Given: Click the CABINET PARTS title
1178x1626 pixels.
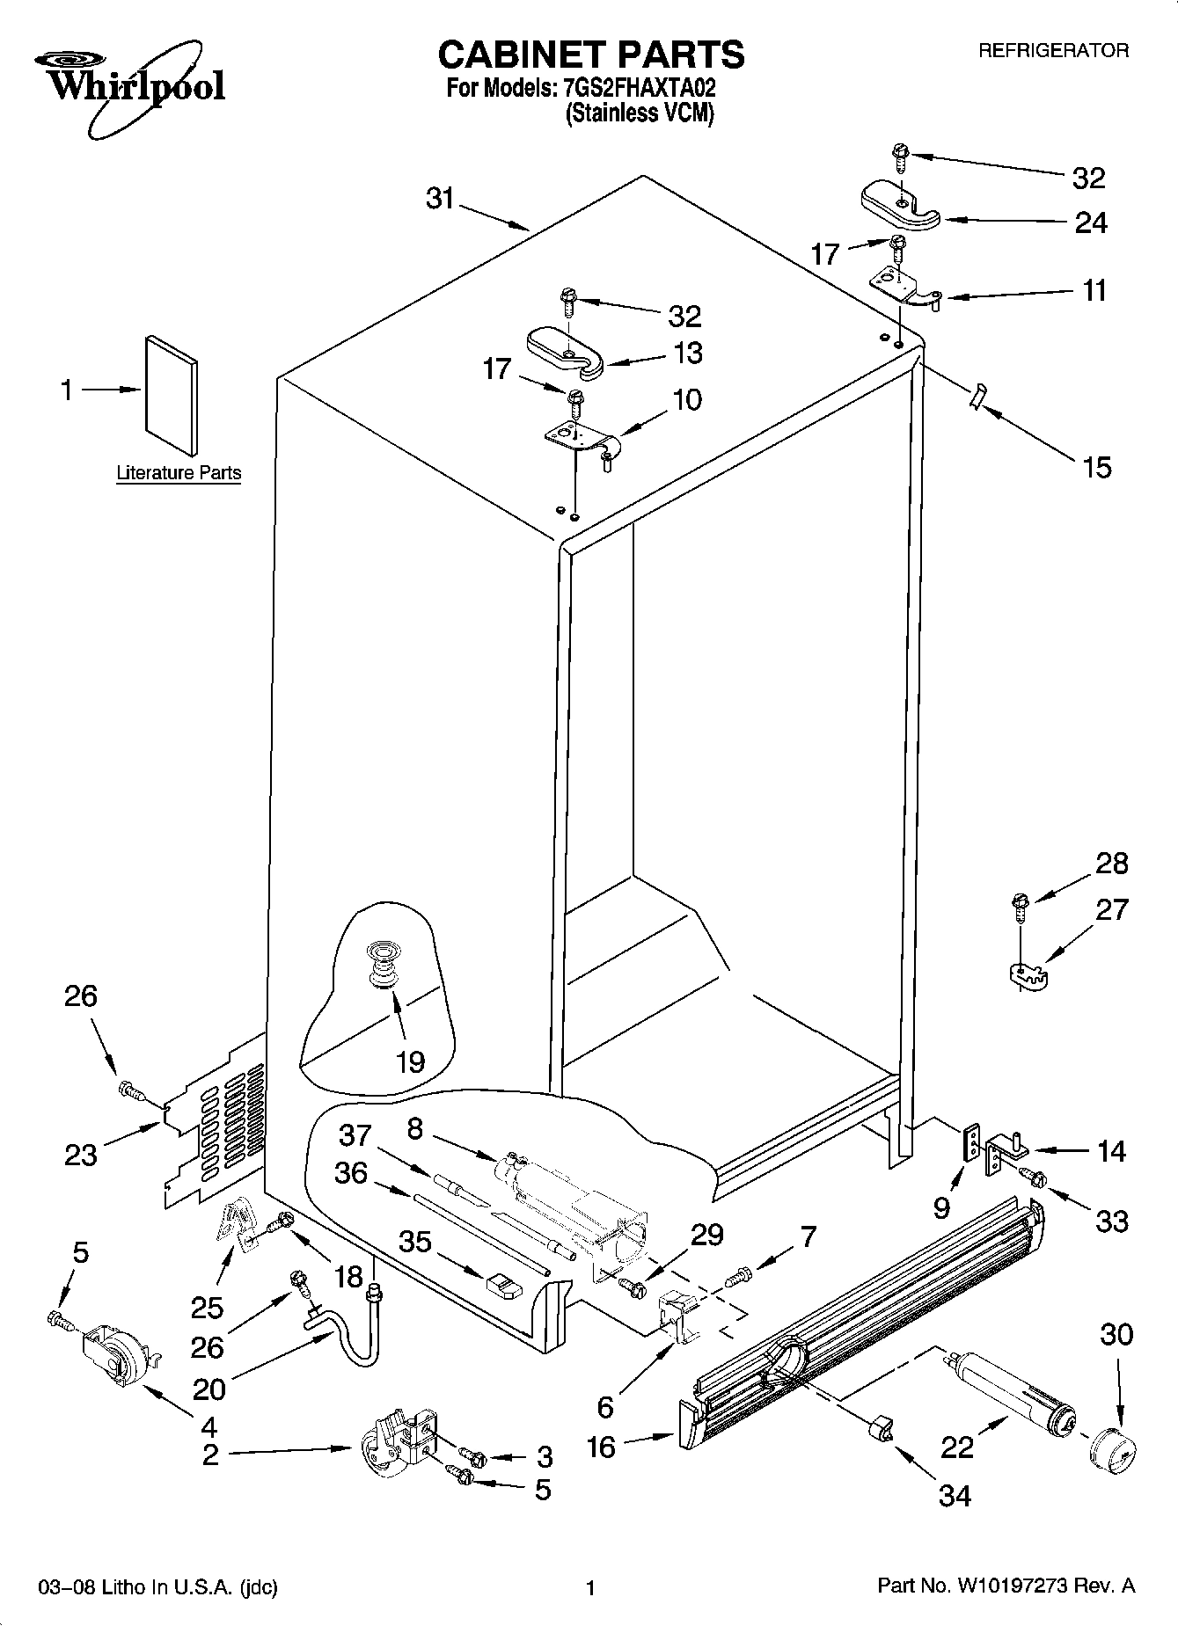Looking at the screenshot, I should click(x=590, y=55).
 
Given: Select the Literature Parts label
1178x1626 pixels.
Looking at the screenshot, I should click(x=179, y=473).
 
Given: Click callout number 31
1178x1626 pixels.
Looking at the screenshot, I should click(x=439, y=200).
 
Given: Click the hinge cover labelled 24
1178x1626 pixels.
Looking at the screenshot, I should click(x=898, y=207).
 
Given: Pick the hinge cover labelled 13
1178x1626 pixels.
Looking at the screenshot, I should click(x=565, y=352).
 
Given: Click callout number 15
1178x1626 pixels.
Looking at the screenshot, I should click(x=1097, y=466).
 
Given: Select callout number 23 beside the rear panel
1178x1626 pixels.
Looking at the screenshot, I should click(x=80, y=1153).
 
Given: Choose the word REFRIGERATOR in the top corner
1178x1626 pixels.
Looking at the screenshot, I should click(x=1053, y=51).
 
